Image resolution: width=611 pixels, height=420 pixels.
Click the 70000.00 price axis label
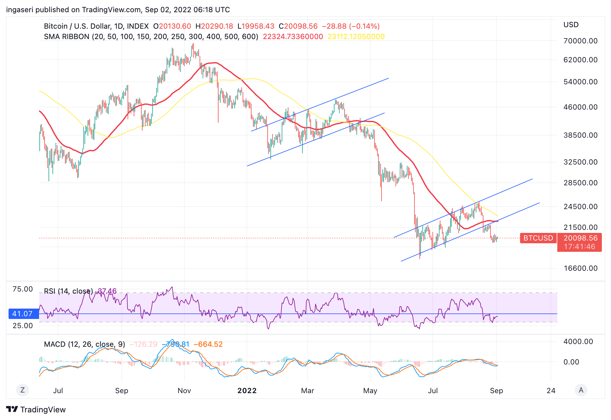580,41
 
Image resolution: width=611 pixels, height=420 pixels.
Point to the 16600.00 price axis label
580,268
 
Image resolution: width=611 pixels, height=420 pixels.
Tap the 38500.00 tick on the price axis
580,135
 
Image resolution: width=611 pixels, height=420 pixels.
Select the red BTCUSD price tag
538,238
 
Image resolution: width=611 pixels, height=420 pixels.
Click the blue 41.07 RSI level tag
23,314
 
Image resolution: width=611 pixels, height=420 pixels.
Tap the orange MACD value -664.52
208,344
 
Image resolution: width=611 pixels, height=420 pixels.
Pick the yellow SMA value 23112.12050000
356,37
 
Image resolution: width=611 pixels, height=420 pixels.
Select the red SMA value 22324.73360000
293,37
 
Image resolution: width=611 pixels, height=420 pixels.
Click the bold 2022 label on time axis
247,391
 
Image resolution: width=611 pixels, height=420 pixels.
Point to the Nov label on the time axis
184,391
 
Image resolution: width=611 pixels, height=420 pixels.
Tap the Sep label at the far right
496,391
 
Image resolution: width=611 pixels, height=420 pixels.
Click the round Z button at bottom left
22,390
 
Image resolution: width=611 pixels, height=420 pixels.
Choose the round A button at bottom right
581,390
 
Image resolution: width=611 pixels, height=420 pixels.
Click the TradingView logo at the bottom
36,410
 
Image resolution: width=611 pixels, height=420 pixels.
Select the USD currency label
571,25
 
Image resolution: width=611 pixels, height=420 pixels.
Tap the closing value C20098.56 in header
298,26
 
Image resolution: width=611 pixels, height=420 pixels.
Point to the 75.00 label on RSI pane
23,289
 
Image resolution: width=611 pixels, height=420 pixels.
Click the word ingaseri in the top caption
20,10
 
